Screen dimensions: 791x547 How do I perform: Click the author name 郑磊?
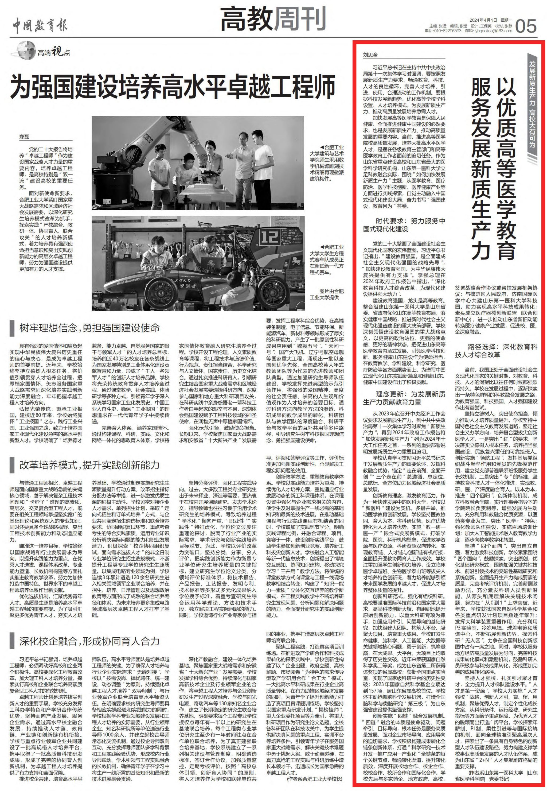click(24, 137)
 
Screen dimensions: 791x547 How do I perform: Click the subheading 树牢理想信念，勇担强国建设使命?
click(89, 328)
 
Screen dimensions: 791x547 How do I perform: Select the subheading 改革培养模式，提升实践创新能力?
click(89, 465)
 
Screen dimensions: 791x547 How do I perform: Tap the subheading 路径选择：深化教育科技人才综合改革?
click(496, 350)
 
